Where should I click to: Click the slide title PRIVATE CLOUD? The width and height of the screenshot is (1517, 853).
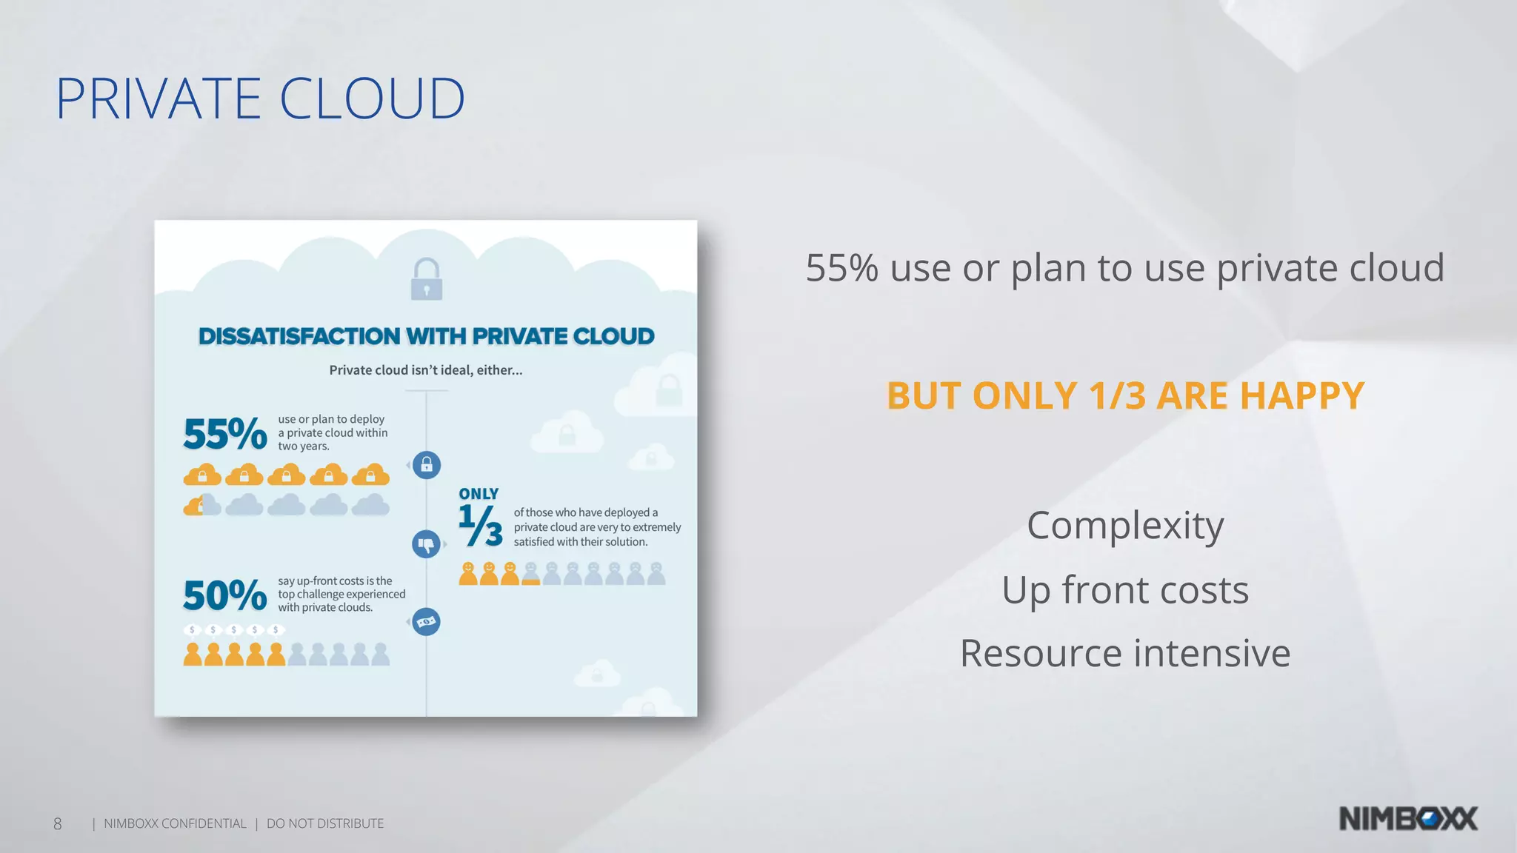(x=260, y=98)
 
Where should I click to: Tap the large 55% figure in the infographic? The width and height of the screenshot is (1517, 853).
(x=224, y=434)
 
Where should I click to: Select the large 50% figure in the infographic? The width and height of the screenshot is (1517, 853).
(x=224, y=595)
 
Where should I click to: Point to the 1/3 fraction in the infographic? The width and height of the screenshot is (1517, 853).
(x=480, y=525)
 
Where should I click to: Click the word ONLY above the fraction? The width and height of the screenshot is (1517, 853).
(x=479, y=494)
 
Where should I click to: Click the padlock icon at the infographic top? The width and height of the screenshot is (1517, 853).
(x=427, y=279)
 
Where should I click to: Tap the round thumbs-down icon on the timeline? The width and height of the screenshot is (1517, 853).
(x=426, y=545)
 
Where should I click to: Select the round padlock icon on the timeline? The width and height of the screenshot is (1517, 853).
(x=427, y=465)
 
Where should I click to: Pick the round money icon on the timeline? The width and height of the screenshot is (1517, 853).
(x=426, y=622)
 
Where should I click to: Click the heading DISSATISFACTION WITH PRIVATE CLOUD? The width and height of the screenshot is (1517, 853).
(x=426, y=336)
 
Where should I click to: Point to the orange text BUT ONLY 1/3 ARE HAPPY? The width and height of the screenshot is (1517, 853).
(x=1125, y=395)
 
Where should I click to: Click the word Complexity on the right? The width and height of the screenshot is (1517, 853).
(x=1125, y=526)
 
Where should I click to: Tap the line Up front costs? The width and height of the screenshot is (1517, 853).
(x=1125, y=590)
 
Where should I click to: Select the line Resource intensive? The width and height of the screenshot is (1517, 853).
(x=1125, y=654)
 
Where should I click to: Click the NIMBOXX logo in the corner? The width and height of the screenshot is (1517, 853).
(x=1408, y=819)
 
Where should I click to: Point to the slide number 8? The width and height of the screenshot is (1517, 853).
(x=58, y=823)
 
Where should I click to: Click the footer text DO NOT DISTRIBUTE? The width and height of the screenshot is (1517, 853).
(x=325, y=823)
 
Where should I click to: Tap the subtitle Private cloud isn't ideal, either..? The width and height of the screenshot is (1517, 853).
(x=426, y=370)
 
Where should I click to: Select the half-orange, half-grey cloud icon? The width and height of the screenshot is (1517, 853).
(x=202, y=505)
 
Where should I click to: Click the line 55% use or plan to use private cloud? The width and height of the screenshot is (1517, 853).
(x=1125, y=268)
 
